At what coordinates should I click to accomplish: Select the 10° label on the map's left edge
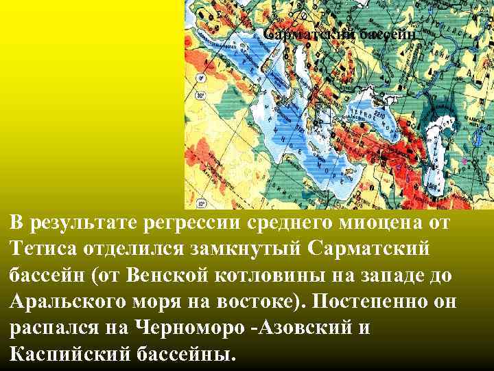point(200,204)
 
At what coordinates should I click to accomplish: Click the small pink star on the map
point(464,161)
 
